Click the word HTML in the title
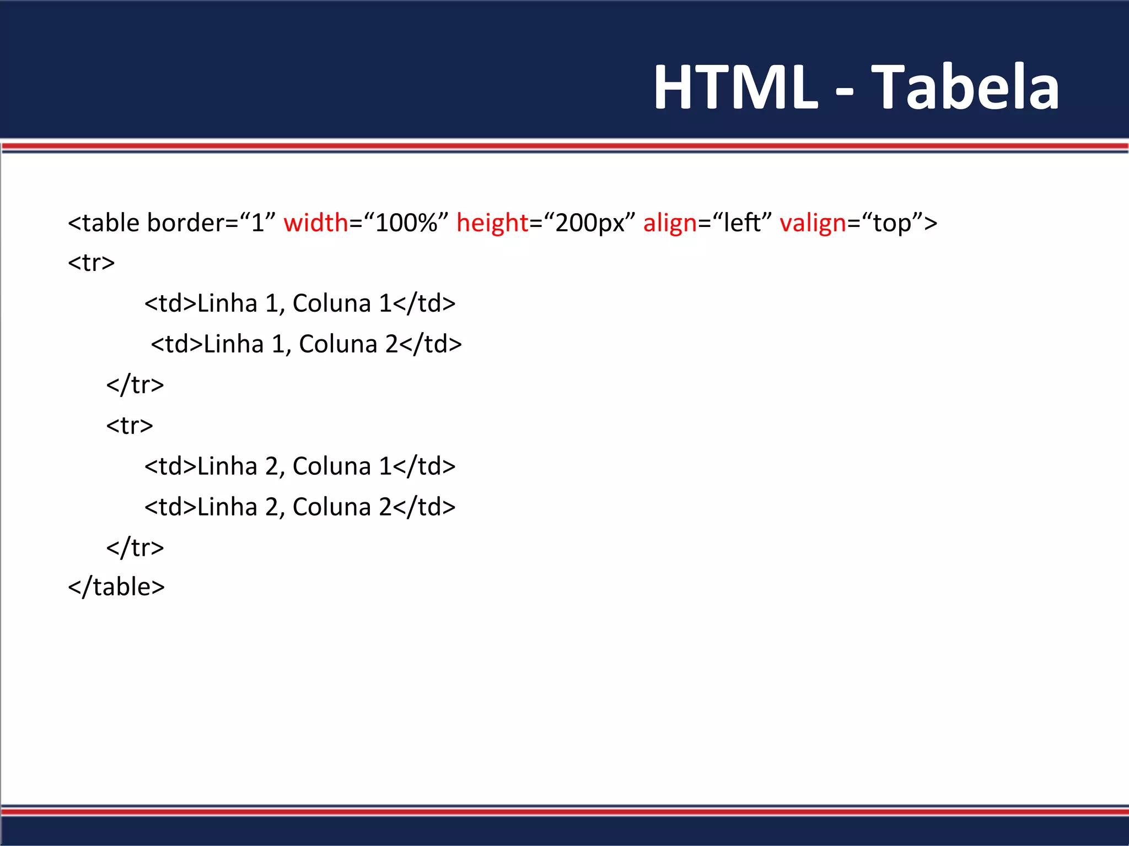pos(735,87)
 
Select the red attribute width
pos(316,223)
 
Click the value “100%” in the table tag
pos(406,223)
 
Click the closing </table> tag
pos(116,587)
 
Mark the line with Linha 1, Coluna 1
pos(300,303)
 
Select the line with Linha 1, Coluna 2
pos(306,344)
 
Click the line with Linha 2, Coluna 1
pos(300,467)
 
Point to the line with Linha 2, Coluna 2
pos(300,507)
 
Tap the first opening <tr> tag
pos(92,263)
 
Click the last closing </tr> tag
pos(135,548)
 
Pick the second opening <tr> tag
pos(130,426)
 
